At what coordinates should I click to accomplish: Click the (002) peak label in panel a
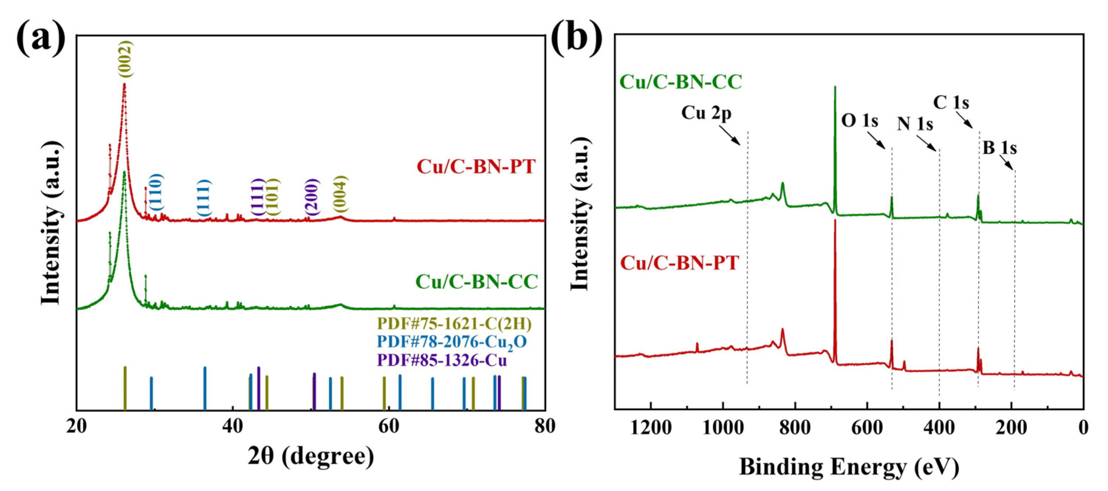126,59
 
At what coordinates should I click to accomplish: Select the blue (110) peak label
156,192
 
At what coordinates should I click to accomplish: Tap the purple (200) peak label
312,197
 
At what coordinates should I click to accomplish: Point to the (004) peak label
341,194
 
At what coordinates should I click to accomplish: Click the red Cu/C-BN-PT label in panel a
476,166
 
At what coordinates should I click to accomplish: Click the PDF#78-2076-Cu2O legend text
452,342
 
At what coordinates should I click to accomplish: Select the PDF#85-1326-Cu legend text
442,360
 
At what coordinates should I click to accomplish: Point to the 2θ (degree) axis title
311,457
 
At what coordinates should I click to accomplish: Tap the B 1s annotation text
1000,148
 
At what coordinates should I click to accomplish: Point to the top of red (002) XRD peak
124,84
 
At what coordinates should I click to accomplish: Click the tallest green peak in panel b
835,87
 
